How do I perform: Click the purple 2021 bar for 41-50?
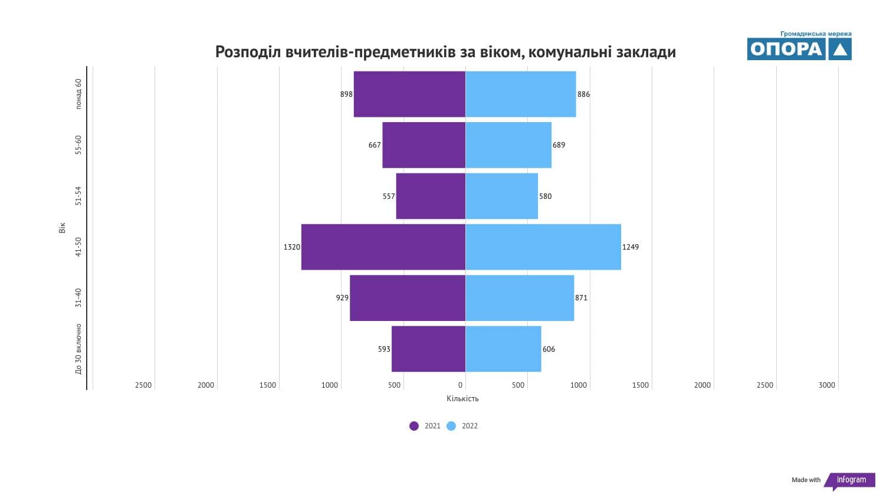click(383, 247)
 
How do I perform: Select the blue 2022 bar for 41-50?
click(543, 247)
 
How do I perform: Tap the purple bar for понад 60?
click(409, 94)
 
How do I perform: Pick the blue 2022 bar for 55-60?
click(508, 145)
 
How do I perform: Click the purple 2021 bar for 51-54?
click(431, 196)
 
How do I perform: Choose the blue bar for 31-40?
click(520, 298)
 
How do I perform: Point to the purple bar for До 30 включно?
click(428, 349)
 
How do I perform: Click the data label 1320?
click(291, 247)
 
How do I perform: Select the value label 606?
click(549, 349)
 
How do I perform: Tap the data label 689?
click(559, 145)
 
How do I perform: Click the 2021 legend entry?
click(425, 426)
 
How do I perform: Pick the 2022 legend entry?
click(462, 426)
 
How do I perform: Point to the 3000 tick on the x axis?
click(826, 385)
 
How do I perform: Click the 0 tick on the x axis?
click(461, 385)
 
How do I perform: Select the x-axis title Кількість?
click(462, 399)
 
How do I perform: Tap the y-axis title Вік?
click(63, 228)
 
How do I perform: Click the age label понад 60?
click(78, 94)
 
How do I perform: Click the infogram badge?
click(851, 480)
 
